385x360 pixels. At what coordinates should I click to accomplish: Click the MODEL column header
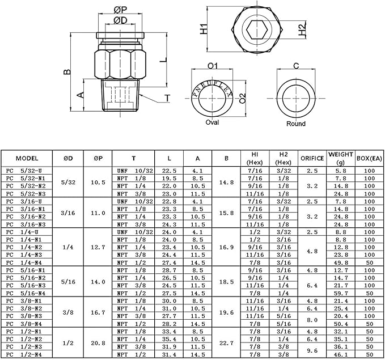click(x=27, y=158)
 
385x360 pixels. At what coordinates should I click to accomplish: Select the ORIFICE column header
click(x=312, y=158)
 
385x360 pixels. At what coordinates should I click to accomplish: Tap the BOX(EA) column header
click(x=369, y=158)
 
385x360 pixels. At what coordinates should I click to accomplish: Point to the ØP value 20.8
click(x=98, y=342)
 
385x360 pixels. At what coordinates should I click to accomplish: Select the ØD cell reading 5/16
click(x=67, y=282)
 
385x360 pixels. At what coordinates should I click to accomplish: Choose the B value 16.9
click(x=226, y=247)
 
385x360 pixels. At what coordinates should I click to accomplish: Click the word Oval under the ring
click(x=212, y=122)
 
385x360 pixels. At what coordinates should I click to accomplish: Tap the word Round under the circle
click(x=295, y=123)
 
